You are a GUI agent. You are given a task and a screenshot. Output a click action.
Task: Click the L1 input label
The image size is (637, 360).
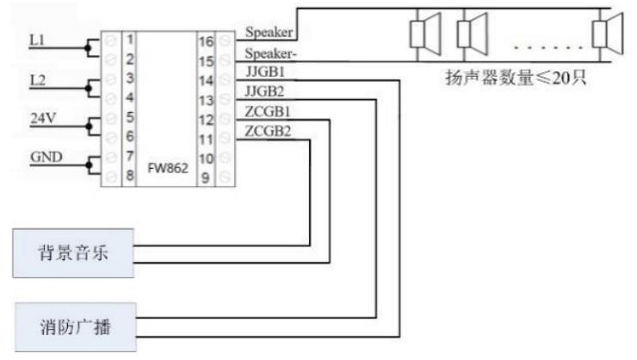pos(37,40)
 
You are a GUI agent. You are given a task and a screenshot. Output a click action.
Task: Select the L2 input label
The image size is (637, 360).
pos(37,78)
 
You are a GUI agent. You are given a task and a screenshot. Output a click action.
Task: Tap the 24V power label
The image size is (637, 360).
pos(41,118)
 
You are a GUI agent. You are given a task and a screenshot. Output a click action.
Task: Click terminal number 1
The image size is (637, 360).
pos(128,40)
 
